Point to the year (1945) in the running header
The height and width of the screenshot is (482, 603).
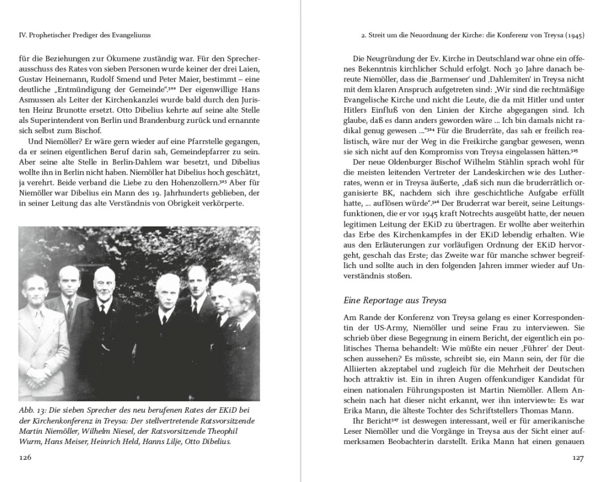point(575,36)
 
